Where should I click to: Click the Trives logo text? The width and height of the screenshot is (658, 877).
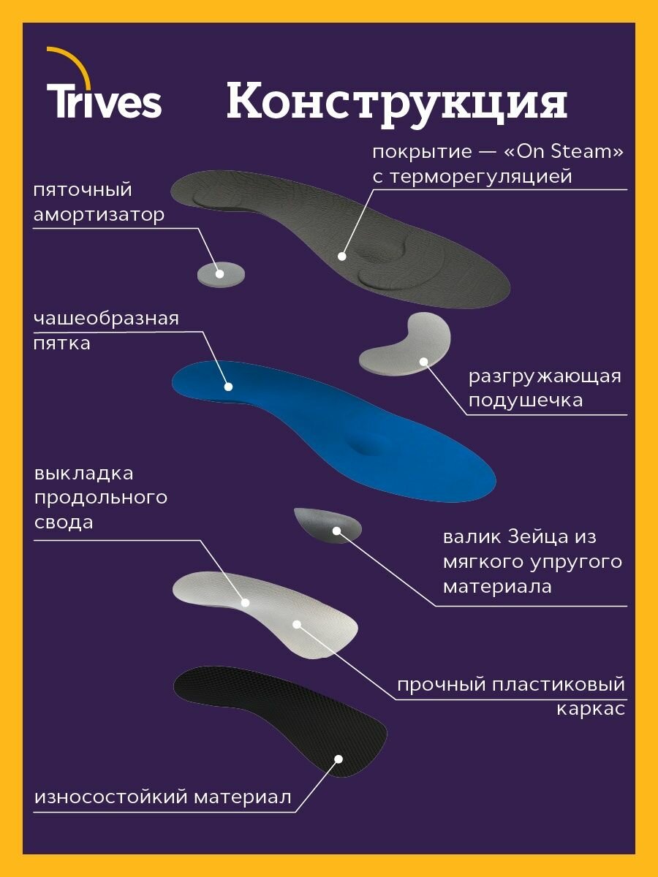click(x=105, y=102)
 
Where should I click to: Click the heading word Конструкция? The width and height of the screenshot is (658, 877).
click(x=396, y=102)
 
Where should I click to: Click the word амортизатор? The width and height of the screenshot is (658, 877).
click(x=99, y=215)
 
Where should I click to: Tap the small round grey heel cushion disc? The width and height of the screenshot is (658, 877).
click(x=221, y=273)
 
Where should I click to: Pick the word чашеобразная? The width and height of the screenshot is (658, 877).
click(x=106, y=319)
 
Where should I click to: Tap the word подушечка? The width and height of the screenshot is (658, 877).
click(x=526, y=400)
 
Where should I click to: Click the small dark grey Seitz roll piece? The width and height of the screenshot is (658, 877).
click(x=326, y=523)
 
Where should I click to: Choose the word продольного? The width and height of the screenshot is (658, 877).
click(x=100, y=498)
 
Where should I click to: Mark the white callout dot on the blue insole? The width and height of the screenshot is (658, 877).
click(x=228, y=387)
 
